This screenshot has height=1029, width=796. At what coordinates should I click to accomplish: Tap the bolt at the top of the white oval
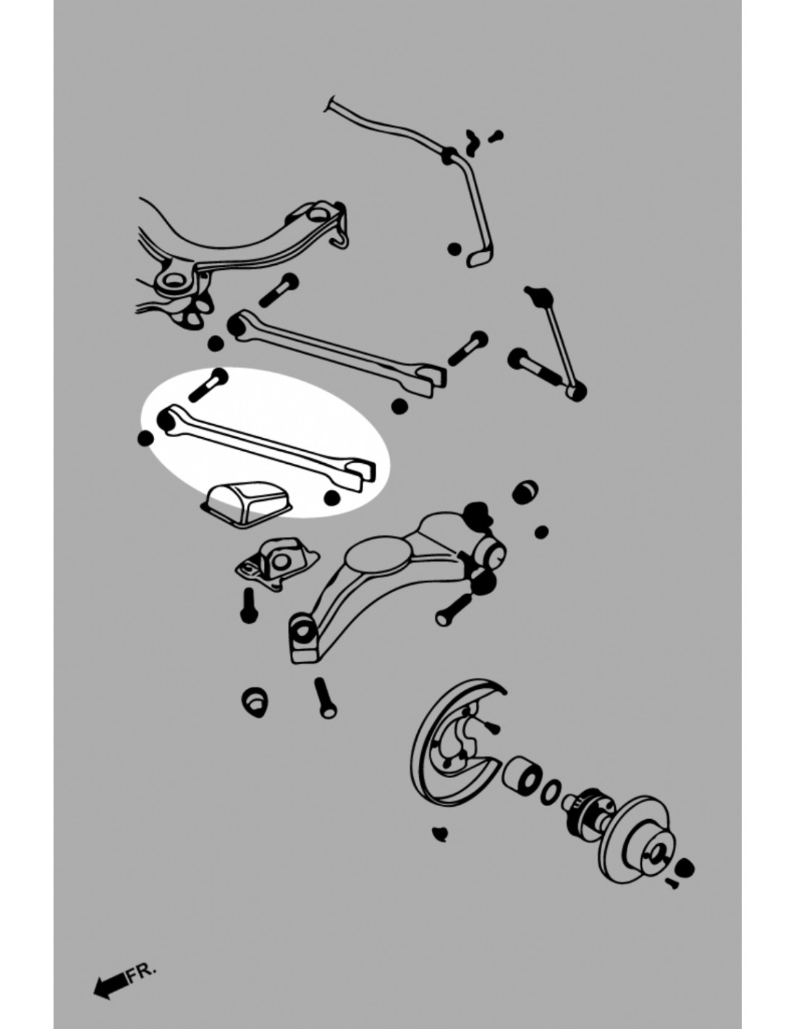coord(208,384)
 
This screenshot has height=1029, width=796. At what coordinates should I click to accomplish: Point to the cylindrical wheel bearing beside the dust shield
coord(522,775)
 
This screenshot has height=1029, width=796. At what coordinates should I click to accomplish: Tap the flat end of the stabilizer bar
coord(479,258)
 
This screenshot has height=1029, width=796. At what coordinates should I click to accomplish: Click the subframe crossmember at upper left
coord(242,255)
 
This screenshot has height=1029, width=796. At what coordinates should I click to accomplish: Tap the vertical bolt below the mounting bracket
coord(249,605)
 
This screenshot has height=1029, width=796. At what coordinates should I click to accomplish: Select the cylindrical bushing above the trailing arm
coord(525,493)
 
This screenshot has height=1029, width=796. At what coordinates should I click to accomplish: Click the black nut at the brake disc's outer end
coord(685,868)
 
